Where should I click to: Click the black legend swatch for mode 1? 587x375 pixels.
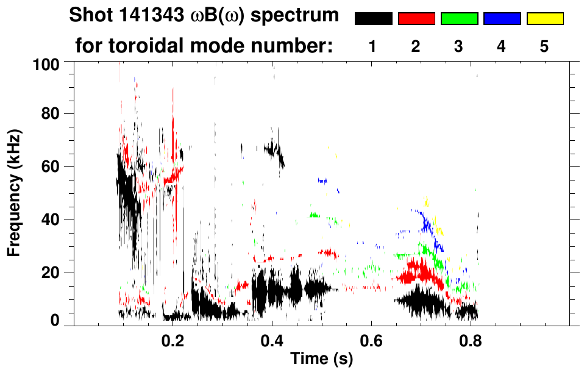(x=374, y=19)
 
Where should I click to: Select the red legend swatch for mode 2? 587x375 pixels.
(x=416, y=19)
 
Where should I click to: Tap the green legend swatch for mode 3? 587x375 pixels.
(x=459, y=19)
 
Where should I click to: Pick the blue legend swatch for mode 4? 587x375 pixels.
(x=502, y=19)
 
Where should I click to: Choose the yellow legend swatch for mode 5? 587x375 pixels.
(x=545, y=19)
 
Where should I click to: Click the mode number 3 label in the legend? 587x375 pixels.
(x=459, y=47)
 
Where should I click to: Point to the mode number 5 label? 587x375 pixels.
(x=544, y=47)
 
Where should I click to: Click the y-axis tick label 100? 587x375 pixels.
(x=46, y=63)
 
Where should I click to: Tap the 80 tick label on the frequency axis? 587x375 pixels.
(x=49, y=114)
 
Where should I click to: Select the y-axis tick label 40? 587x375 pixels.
(x=49, y=220)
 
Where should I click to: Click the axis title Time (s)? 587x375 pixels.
(x=321, y=360)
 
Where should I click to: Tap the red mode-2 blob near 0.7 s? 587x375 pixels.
(x=420, y=271)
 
